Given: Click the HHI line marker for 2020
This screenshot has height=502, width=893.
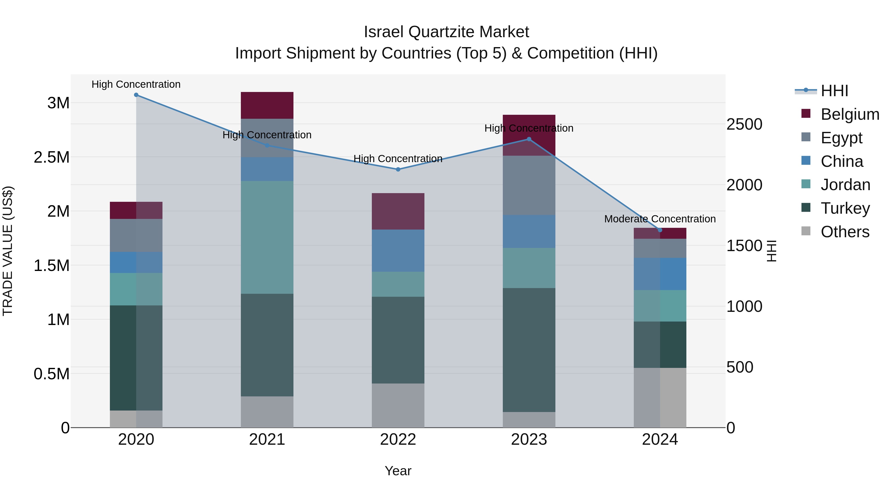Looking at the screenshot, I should pyautogui.click(x=136, y=95).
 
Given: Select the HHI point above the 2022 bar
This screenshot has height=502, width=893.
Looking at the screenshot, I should pyautogui.click(x=398, y=169).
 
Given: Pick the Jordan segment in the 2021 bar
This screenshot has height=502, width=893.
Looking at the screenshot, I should pyautogui.click(x=267, y=237).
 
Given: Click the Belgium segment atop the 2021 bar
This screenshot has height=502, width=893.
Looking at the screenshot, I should pyautogui.click(x=267, y=105).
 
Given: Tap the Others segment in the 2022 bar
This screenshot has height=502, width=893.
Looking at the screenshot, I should pyautogui.click(x=398, y=405).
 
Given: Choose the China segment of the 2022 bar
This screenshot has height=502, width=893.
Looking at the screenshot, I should pyautogui.click(x=398, y=250).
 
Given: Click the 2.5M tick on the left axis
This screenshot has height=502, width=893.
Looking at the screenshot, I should pyautogui.click(x=51, y=157).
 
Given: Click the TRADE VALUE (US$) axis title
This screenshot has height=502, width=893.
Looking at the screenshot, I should pyautogui.click(x=8, y=251).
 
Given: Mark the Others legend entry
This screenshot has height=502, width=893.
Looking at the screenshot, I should pyautogui.click(x=845, y=232).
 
